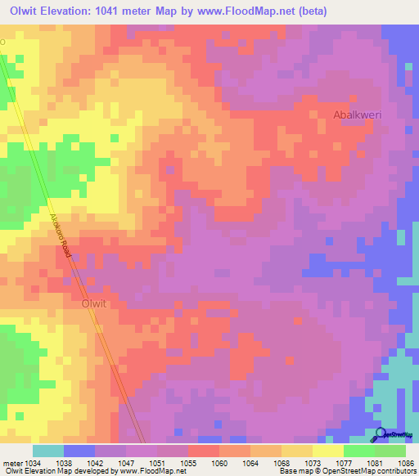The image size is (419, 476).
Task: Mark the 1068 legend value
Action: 282,463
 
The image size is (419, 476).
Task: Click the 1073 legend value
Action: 313,463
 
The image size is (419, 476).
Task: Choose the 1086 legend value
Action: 403,463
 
